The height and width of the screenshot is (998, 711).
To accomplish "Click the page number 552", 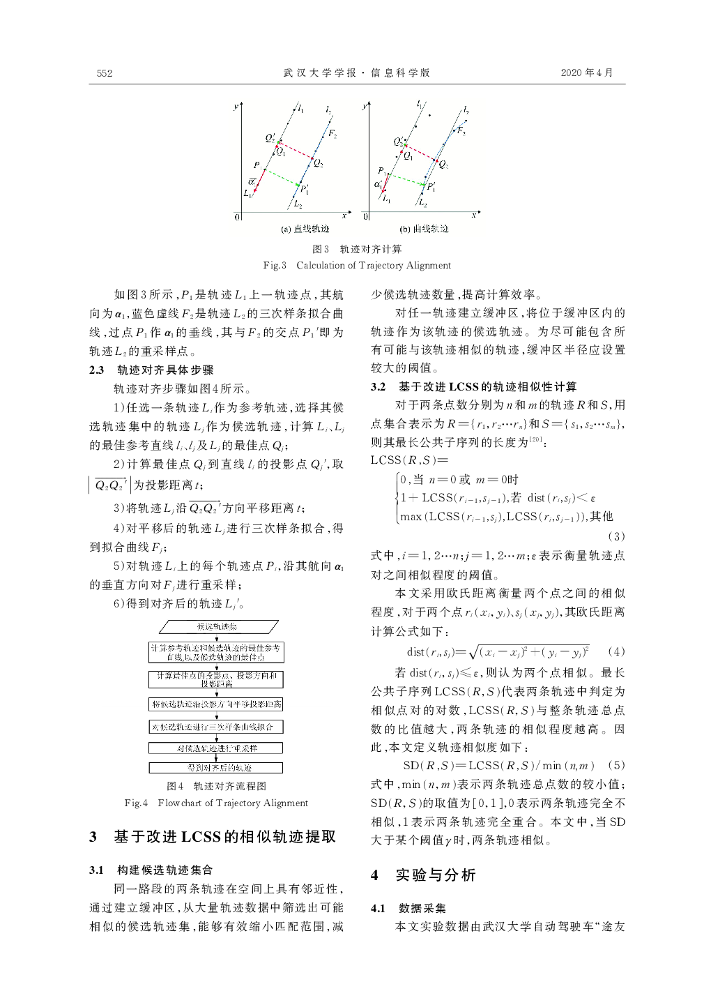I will click(105, 73).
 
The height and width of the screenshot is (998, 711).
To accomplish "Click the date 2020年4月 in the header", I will click(587, 73).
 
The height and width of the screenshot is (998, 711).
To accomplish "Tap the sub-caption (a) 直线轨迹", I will click(305, 229).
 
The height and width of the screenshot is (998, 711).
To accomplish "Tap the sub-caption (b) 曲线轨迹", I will click(424, 229).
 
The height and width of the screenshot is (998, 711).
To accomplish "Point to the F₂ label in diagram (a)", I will click(332, 134).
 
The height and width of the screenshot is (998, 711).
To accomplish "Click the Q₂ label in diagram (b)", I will click(443, 165).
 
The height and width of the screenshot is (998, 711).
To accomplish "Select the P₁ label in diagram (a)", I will click(257, 165).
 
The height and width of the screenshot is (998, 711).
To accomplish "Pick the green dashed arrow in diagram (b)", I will click(406, 179).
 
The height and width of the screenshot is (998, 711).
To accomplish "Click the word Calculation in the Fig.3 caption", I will click(321, 265).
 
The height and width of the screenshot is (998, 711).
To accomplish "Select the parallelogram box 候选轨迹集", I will click(217, 627).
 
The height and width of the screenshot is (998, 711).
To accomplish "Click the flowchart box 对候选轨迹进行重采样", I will click(216, 748).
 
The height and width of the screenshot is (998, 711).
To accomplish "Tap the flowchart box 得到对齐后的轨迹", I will click(216, 767).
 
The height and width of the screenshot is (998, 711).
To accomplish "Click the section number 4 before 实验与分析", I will click(375, 875).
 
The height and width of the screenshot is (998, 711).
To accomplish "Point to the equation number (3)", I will click(616, 536).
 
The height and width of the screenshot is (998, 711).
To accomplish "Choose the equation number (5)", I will click(616, 765).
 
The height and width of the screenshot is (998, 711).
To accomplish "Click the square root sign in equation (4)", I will click(474, 652).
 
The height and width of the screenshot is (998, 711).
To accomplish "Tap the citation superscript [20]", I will click(535, 439).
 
